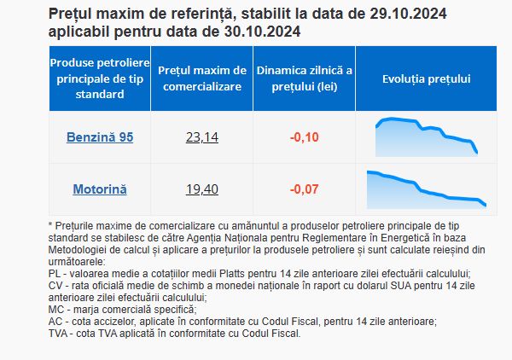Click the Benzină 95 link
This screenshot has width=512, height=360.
point(100,137)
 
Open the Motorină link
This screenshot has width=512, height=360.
point(100,189)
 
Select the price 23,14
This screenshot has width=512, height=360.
point(202,137)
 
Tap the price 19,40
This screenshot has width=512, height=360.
point(202,189)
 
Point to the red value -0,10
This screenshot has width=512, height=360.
point(305,137)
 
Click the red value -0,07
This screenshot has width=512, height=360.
point(305,189)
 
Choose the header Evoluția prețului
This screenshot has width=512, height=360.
point(427,79)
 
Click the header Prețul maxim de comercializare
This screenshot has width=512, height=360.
point(202,78)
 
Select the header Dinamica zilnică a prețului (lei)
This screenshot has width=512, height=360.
point(305,78)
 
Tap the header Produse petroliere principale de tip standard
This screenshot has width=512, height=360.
point(100,78)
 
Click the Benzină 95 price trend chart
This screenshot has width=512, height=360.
point(427,137)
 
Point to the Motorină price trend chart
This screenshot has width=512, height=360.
point(427,189)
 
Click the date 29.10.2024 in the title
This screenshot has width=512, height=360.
point(408,14)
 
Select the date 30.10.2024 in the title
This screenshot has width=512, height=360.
point(262,32)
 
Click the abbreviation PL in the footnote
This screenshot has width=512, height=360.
point(55,274)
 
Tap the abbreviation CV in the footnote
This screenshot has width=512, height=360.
point(55,286)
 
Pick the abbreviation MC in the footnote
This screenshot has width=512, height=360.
point(55,310)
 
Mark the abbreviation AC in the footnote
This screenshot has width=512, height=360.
point(55,322)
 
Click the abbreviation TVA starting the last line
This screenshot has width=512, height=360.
point(57,334)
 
